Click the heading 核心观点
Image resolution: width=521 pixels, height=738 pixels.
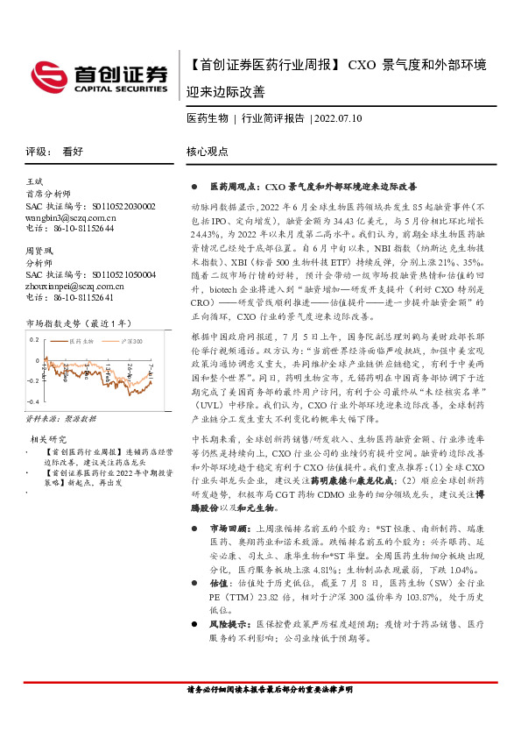pyautogui.click(x=207, y=151)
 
